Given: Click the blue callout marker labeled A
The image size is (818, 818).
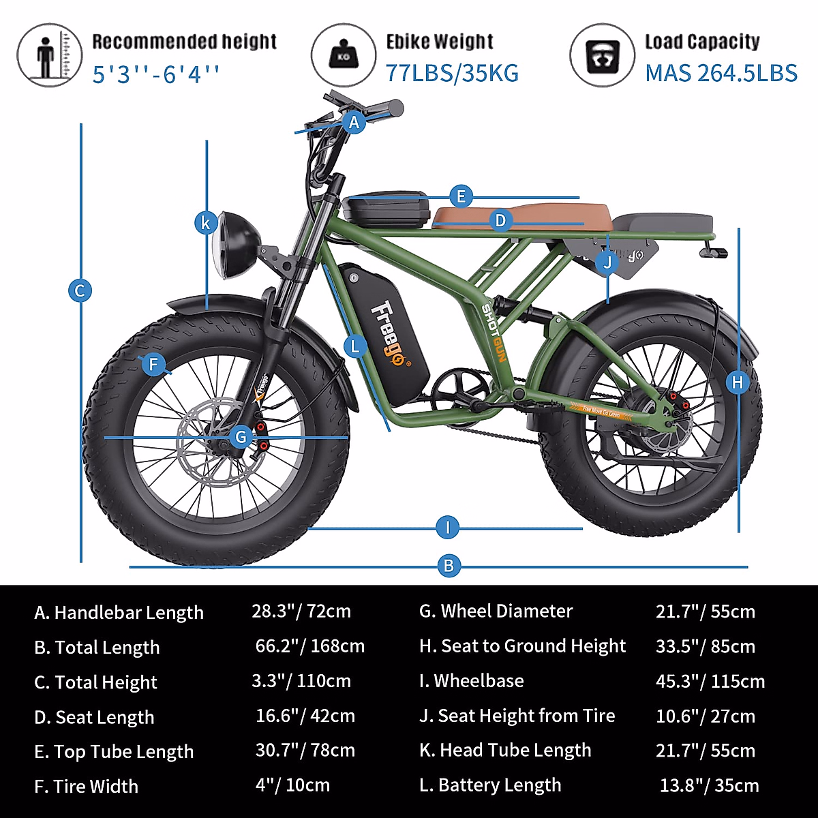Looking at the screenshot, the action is pyautogui.click(x=354, y=123).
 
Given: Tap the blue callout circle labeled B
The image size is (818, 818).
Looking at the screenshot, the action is pyautogui.click(x=448, y=565).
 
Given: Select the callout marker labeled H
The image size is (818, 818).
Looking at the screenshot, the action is pyautogui.click(x=738, y=382).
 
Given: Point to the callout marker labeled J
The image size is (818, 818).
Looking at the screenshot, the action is pyautogui.click(x=607, y=262).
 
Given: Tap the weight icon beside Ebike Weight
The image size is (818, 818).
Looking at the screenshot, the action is pyautogui.click(x=343, y=55).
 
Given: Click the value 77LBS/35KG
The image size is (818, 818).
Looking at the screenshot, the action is pyautogui.click(x=452, y=73).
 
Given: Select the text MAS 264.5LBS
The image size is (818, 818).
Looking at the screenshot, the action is pyautogui.click(x=721, y=73).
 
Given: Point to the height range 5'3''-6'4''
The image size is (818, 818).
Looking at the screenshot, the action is pyautogui.click(x=156, y=74).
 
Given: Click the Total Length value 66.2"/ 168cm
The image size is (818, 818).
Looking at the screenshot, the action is pyautogui.click(x=310, y=646).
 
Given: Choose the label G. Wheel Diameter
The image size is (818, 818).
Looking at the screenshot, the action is pyautogui.click(x=496, y=611).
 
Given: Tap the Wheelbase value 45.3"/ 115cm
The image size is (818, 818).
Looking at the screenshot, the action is pyautogui.click(x=710, y=681).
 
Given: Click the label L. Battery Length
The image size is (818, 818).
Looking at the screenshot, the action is pyautogui.click(x=490, y=785).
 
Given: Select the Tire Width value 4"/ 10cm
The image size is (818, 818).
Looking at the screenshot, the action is pyautogui.click(x=292, y=785).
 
